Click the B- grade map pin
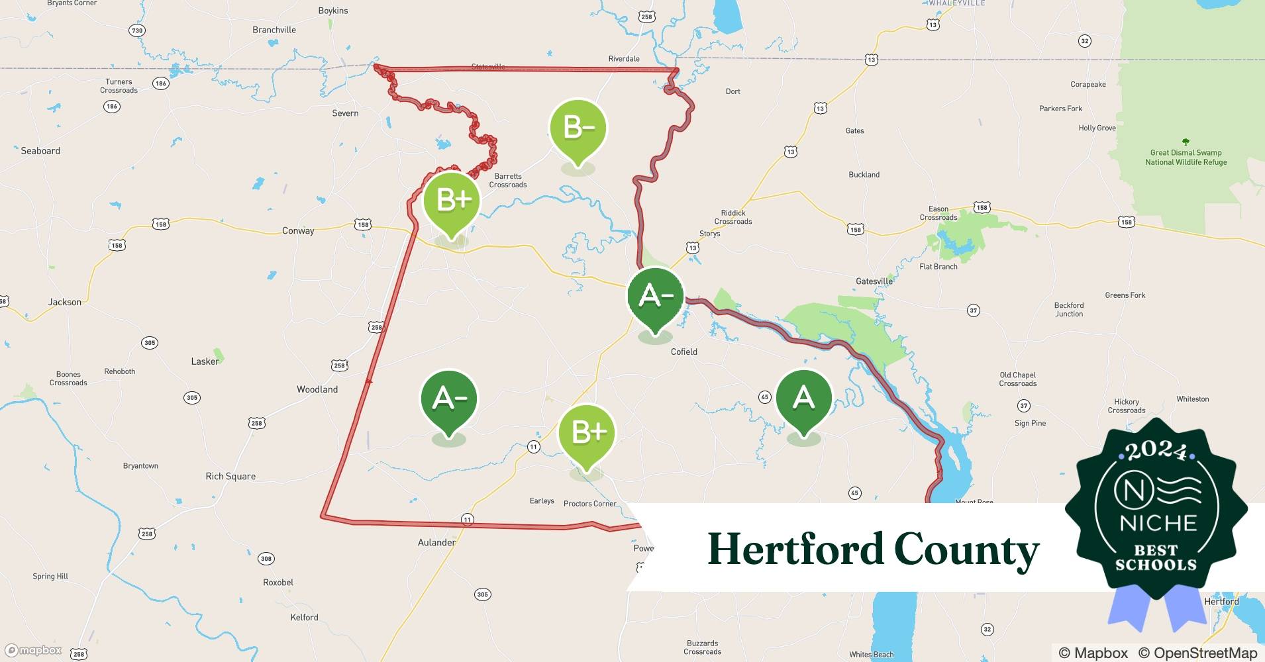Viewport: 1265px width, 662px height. tap(578, 127)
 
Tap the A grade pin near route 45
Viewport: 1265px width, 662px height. tap(803, 398)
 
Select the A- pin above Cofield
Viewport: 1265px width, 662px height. tap(655, 296)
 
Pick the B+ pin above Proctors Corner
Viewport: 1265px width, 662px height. tap(587, 433)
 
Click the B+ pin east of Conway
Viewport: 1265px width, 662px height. tap(452, 199)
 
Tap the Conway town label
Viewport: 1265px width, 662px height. tap(298, 231)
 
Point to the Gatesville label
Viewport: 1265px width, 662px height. tap(874, 281)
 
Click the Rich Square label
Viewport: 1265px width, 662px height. tap(230, 477)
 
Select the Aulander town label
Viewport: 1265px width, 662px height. tap(436, 543)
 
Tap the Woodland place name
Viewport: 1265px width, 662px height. tap(317, 390)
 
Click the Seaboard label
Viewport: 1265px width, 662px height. tap(40, 151)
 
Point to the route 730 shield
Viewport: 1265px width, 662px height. tap(136, 30)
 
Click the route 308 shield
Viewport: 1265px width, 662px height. tap(266, 559)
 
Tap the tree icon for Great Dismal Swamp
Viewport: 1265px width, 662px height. tap(1186, 142)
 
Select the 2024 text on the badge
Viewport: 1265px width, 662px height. tap(1156, 451)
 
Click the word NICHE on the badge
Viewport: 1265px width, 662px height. tap(1158, 524)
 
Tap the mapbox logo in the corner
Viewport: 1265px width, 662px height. tap(34, 650)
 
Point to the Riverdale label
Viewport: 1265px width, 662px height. tap(624, 59)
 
